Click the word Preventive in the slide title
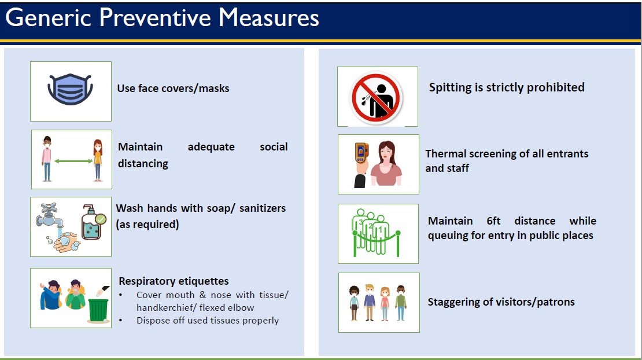point(155,17)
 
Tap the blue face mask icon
point(71,89)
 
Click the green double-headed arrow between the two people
point(73,161)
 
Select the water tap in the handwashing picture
point(50,215)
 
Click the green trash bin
point(98,310)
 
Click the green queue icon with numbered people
point(376,232)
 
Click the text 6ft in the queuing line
point(493,221)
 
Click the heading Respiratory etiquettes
point(174,281)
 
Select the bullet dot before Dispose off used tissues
point(121,320)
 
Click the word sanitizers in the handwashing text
point(263,208)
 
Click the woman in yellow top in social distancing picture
point(97,160)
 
